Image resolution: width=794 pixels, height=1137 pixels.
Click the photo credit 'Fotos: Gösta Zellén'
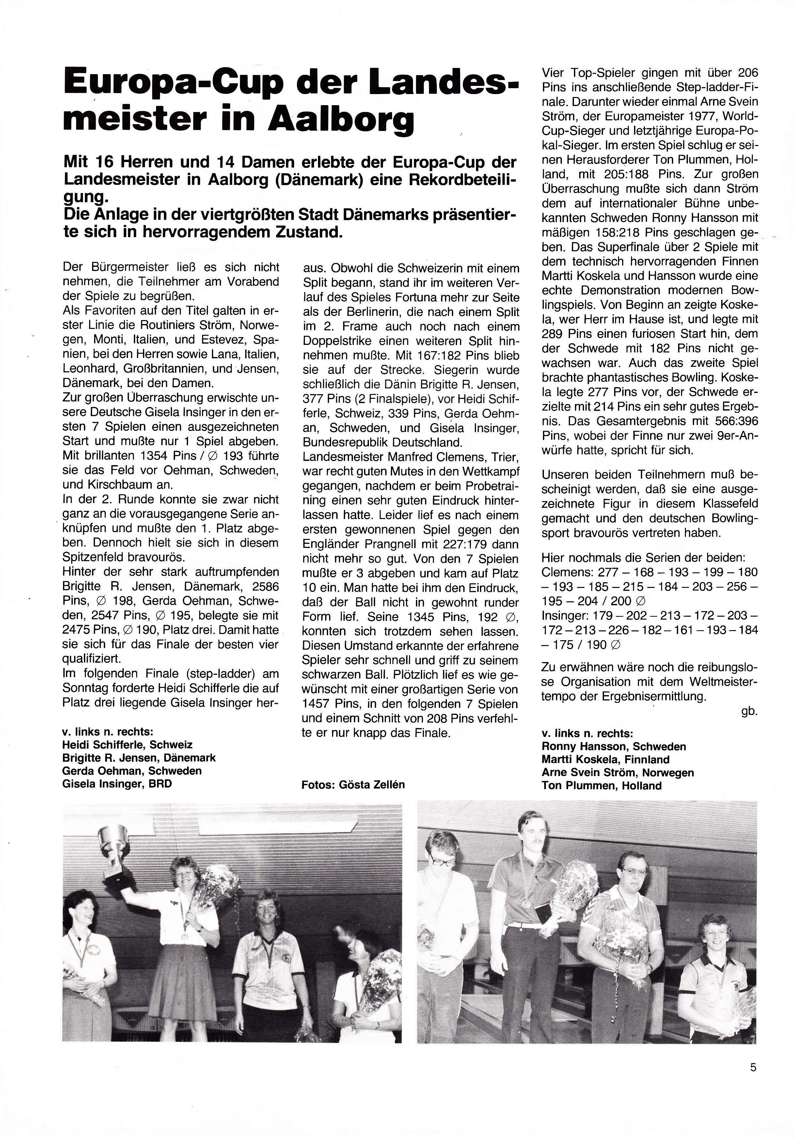click(353, 785)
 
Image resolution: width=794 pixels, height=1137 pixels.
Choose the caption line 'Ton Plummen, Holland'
click(601, 786)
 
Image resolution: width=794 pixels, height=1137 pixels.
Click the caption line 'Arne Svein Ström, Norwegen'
click(617, 772)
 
